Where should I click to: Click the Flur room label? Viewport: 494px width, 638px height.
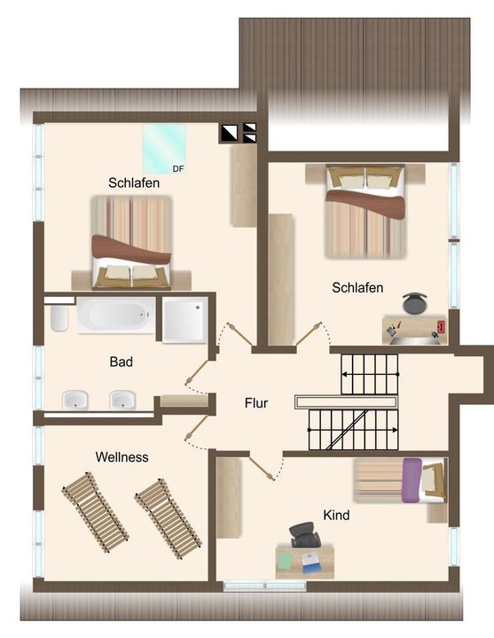pos(256,403)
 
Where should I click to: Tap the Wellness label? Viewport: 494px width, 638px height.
pos(122,457)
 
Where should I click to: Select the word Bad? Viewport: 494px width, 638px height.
pos(121,362)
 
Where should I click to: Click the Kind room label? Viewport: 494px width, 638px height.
pos(336,515)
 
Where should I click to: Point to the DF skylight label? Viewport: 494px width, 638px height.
pos(178,169)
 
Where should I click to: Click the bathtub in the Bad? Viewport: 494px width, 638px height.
pos(116,315)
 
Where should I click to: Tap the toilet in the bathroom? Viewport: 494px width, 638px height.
pos(59,318)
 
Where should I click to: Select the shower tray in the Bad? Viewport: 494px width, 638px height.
pos(184,319)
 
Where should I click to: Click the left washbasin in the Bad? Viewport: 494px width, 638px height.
pos(75,400)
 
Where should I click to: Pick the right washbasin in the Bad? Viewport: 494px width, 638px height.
pos(122,400)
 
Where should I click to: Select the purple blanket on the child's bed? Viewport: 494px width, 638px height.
pos(412,480)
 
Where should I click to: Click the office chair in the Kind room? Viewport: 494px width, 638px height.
pos(304,534)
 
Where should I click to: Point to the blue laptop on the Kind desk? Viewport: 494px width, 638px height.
pos(311,563)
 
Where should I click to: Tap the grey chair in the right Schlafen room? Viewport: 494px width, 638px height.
pos(415,303)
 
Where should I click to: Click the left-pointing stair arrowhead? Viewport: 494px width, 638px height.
pos(344,374)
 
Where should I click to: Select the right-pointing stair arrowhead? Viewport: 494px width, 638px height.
pos(395,430)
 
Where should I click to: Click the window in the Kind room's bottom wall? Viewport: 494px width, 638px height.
pos(264,586)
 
